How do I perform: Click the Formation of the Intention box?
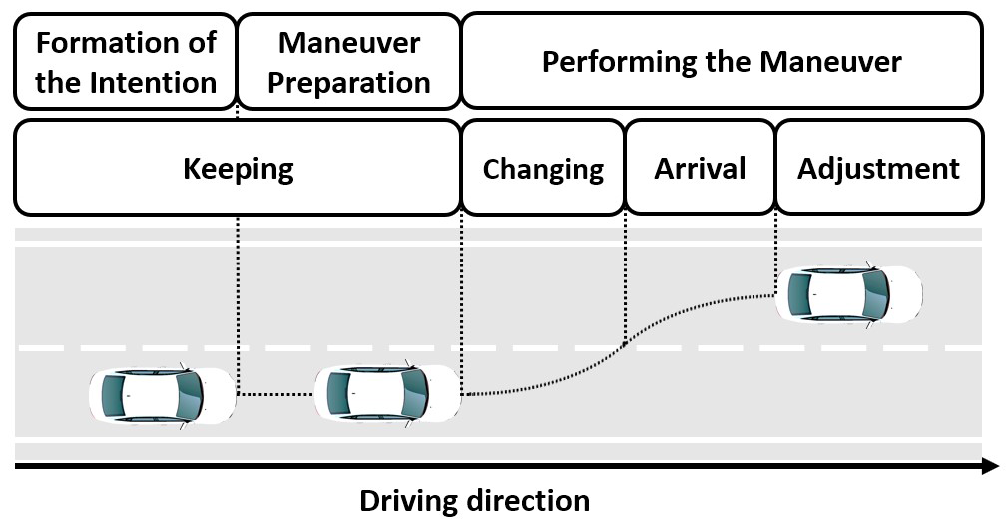coord(125,61)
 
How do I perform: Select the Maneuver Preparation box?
coord(348,61)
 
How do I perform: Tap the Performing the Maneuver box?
coord(721,61)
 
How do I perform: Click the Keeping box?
coord(238,168)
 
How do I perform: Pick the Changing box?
coord(543,168)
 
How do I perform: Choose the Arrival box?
coord(700,168)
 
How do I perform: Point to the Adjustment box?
coord(878,168)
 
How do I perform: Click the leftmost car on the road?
coord(161,394)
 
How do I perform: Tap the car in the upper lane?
coord(848,294)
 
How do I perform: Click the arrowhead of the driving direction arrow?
coord(990,466)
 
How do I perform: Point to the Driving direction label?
coord(474,500)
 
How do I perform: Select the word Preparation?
coord(348,82)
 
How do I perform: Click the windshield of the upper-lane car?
coord(875,294)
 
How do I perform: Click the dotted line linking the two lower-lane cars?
coord(274,394)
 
